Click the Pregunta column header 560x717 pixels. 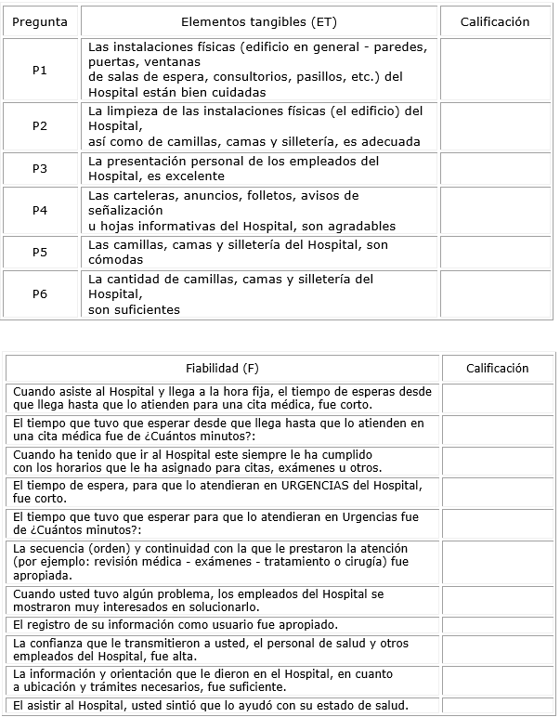40,21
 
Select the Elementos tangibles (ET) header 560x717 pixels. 258,21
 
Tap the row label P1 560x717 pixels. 40,71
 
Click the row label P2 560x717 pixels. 40,126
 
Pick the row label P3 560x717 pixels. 40,168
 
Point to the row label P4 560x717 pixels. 40,211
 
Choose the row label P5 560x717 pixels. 40,253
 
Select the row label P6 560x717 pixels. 40,294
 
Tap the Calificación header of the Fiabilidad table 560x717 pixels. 497,369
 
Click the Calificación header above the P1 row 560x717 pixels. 495,21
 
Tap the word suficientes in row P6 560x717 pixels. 134,309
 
